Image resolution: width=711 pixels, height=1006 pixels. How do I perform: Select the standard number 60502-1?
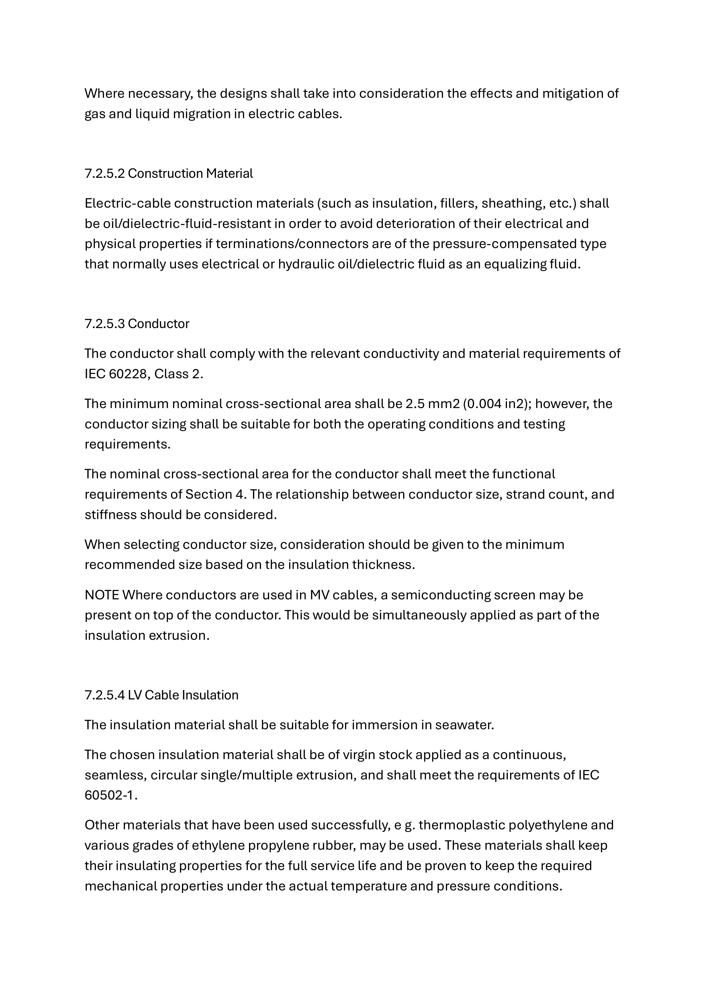pyautogui.click(x=111, y=795)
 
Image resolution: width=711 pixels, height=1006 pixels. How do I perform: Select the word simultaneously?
pyautogui.click(x=443, y=615)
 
